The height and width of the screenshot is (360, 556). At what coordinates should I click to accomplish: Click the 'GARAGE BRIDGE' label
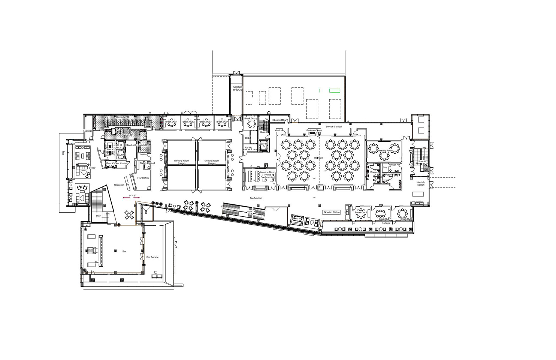[238, 88]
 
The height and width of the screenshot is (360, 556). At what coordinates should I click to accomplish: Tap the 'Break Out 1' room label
[171, 121]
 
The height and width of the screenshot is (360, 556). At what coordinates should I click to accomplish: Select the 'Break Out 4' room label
[222, 121]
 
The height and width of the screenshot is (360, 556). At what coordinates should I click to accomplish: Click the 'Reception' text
[119, 185]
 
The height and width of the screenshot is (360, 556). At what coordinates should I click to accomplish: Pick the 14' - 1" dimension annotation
[131, 196]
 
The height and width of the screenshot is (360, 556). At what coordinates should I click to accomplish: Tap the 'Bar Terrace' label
[152, 257]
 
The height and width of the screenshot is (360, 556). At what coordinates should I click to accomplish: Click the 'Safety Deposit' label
[148, 163]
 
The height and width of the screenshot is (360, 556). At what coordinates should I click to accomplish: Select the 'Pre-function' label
[256, 198]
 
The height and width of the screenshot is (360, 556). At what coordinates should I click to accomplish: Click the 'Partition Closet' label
[314, 130]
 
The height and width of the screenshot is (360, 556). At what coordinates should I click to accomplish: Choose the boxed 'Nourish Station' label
[331, 212]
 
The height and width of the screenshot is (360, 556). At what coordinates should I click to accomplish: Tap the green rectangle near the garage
[334, 90]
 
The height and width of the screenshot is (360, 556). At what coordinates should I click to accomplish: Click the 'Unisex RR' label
[395, 165]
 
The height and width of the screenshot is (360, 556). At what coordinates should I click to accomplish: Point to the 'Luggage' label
[87, 131]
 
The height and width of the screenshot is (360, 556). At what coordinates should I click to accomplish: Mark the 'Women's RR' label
[122, 117]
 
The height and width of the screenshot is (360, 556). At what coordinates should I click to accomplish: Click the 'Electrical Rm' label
[279, 120]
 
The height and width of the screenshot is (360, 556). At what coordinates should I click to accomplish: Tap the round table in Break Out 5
[251, 123]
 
